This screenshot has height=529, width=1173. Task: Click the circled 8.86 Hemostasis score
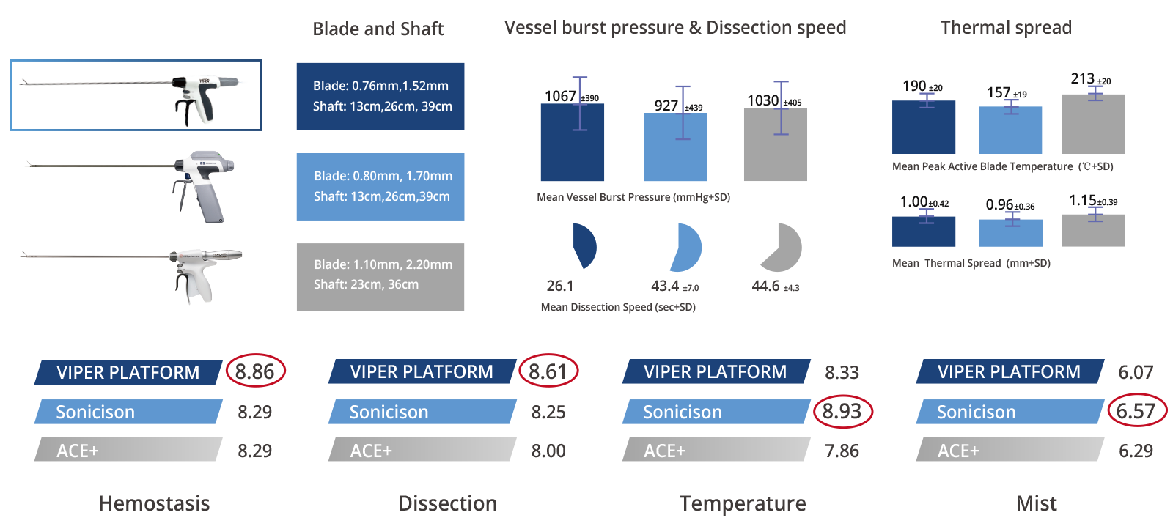(256, 371)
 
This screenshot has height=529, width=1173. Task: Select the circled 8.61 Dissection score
(548, 371)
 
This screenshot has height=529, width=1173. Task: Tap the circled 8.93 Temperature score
(842, 411)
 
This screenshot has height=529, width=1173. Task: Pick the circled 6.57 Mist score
(1136, 411)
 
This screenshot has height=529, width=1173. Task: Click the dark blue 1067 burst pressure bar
(573, 142)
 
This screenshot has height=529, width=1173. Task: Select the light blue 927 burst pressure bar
(675, 147)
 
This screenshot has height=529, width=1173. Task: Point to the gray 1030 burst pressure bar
(776, 144)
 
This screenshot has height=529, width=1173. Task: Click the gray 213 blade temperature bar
(1093, 124)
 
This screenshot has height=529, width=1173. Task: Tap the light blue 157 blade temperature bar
(1010, 130)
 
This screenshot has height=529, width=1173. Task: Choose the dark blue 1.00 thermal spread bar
(924, 232)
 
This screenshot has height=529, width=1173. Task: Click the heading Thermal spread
(1006, 27)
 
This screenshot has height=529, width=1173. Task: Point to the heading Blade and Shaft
(378, 29)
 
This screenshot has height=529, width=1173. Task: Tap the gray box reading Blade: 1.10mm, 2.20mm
(380, 277)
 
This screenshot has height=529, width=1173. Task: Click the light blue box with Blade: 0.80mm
(380, 187)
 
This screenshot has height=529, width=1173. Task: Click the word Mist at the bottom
(1037, 503)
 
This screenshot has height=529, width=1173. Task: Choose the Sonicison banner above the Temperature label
(716, 412)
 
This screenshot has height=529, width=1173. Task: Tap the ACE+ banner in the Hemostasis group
(129, 449)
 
